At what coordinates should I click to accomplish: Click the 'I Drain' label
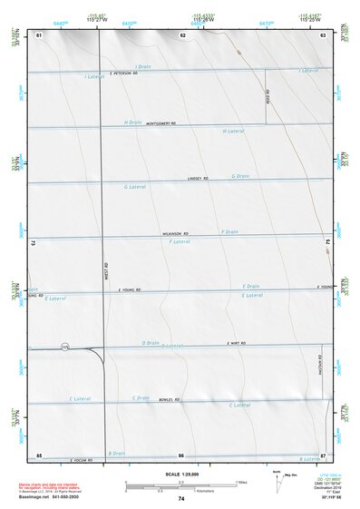click(142, 67)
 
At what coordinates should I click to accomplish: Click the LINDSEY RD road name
click(198, 178)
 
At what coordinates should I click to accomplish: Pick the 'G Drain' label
click(240, 176)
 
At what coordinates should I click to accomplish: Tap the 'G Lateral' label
click(134, 186)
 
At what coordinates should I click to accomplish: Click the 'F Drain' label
click(229, 232)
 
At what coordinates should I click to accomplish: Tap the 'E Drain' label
click(250, 287)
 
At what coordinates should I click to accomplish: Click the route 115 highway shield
click(64, 347)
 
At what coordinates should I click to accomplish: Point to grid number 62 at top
click(182, 34)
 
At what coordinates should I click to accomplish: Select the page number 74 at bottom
click(181, 499)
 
